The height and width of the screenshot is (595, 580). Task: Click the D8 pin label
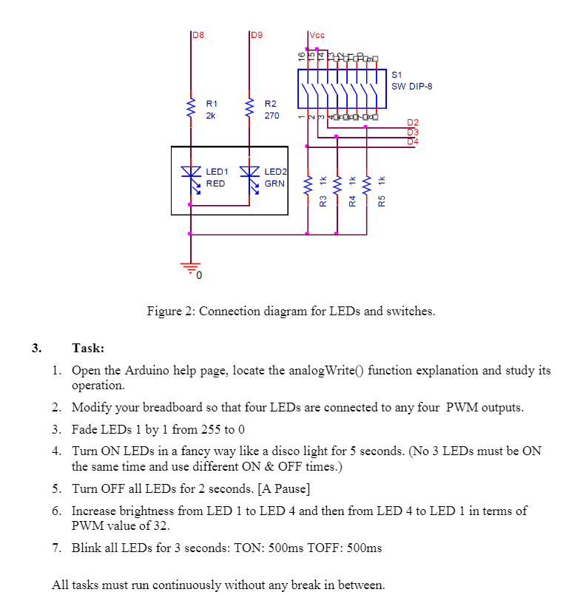(x=198, y=35)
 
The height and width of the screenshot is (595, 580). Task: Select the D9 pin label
(x=257, y=35)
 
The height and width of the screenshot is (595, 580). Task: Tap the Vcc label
(x=317, y=35)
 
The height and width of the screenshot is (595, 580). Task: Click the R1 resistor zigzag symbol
(x=192, y=110)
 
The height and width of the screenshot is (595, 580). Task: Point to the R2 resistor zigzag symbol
(x=251, y=110)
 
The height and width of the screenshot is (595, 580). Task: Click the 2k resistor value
(x=210, y=115)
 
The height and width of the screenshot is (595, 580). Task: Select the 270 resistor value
(x=272, y=115)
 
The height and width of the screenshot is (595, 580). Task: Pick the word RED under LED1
(x=215, y=183)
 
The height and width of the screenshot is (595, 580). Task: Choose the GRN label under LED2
(x=274, y=183)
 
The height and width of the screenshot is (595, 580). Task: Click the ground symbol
(x=192, y=268)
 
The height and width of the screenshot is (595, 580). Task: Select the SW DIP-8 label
(x=411, y=86)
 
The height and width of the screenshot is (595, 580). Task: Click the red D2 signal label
(x=413, y=122)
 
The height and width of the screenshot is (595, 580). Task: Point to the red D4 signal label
(x=413, y=141)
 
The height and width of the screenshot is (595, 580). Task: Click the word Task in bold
(x=88, y=348)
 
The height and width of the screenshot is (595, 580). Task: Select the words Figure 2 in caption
(x=169, y=311)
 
